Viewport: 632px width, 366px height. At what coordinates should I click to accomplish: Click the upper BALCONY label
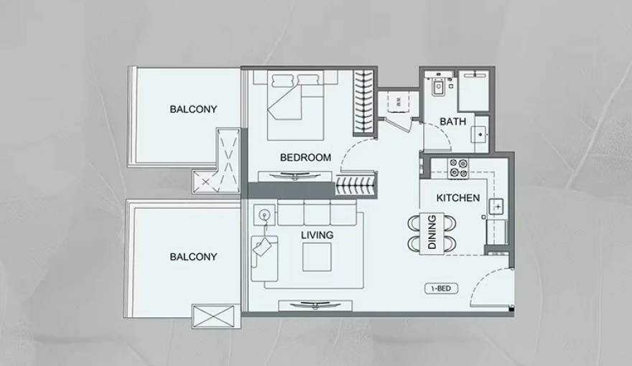click(193, 109)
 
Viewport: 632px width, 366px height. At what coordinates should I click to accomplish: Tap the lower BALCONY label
click(193, 256)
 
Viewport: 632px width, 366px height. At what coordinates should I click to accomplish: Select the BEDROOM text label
click(305, 158)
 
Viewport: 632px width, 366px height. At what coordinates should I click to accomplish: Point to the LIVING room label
click(317, 235)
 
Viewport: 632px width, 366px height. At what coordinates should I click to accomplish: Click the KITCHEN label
click(458, 198)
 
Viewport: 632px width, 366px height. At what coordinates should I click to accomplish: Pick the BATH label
click(452, 122)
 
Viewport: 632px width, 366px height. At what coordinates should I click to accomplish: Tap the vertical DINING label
click(432, 233)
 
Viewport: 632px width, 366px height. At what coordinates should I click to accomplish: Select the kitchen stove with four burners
click(458, 168)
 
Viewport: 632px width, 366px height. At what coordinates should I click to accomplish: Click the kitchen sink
click(497, 207)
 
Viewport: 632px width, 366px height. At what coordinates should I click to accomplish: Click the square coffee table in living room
click(317, 256)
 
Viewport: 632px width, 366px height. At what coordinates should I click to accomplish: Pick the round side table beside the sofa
click(264, 214)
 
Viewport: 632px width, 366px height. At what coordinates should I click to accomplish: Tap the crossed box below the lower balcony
click(213, 316)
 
